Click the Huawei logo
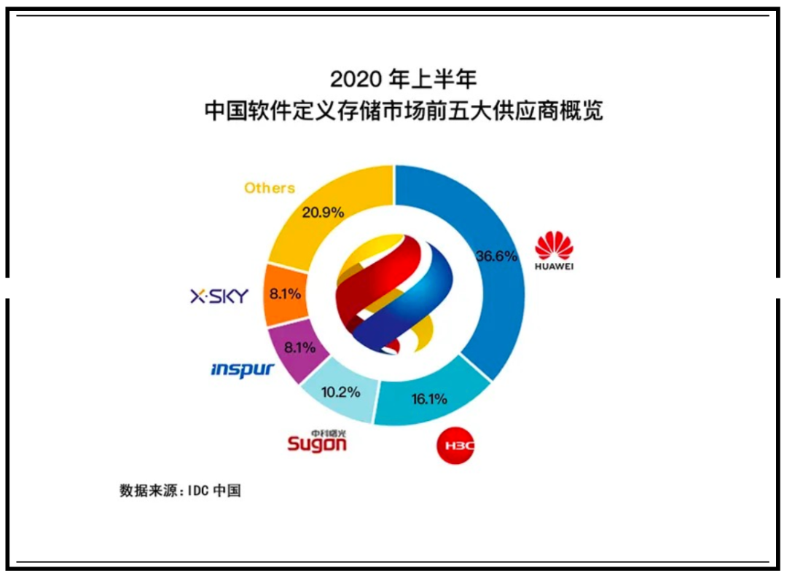point(554,251)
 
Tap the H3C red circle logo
point(455,446)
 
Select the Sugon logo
point(317,441)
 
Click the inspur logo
point(243,370)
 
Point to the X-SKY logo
point(219,296)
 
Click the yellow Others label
point(270,188)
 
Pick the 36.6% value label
point(496,256)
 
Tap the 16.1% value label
point(429,399)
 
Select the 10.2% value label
point(341,392)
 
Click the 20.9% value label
point(323,213)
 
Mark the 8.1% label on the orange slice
point(285,294)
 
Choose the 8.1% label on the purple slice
point(299,347)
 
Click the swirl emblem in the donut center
point(394,294)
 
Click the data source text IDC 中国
point(214,490)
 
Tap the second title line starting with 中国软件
point(404,111)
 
